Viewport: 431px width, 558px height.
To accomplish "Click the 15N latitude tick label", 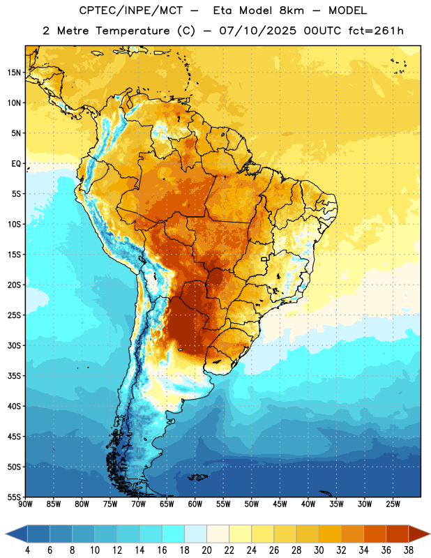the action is [13, 73].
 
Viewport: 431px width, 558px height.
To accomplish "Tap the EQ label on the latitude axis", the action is [16, 164].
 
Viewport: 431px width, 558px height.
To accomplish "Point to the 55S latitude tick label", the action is [13, 497].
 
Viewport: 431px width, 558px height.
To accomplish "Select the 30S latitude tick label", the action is [13, 345].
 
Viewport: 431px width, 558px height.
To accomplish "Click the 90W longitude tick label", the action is [25, 504].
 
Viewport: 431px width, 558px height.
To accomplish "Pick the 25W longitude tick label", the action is [393, 504].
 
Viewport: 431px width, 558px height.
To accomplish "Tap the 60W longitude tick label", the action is [195, 504].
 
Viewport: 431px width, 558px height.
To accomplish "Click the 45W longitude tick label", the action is [280, 504].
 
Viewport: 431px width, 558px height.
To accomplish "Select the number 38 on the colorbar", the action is [409, 550].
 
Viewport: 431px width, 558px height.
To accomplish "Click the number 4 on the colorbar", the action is [27, 550].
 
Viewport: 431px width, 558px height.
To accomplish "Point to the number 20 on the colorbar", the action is [206, 550].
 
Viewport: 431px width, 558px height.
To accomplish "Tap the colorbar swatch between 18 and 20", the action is [196, 534].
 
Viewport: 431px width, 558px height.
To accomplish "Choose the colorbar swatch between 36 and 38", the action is [398, 534].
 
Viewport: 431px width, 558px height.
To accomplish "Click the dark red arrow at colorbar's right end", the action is [417, 534].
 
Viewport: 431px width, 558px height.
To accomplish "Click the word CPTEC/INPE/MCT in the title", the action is [131, 10].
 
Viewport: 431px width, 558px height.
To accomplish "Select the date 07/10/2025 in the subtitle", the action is [257, 31].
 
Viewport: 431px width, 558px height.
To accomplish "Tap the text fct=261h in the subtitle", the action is [376, 31].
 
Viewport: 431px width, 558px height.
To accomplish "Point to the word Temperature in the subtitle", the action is [133, 31].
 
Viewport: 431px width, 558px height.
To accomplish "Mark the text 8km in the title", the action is [292, 10].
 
